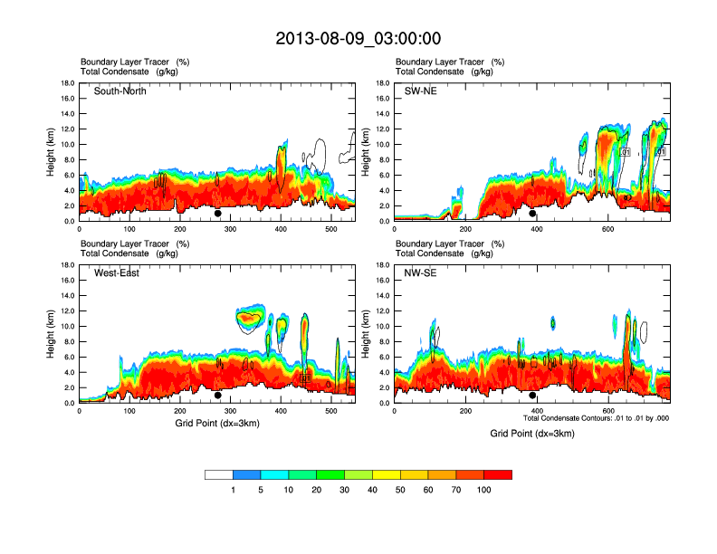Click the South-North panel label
(x=120, y=91)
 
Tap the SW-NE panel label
(x=420, y=91)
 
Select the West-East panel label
(x=117, y=273)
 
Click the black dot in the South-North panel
(x=218, y=214)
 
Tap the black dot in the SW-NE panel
(x=533, y=214)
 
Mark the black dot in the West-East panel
(x=218, y=396)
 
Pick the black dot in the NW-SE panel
(x=533, y=396)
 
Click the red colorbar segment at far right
(x=498, y=474)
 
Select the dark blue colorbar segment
(x=246, y=474)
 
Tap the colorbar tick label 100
(x=484, y=490)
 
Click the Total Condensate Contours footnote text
(x=596, y=418)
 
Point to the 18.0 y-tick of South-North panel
(x=67, y=83)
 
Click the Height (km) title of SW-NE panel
(x=365, y=151)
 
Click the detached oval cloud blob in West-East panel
(x=252, y=319)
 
